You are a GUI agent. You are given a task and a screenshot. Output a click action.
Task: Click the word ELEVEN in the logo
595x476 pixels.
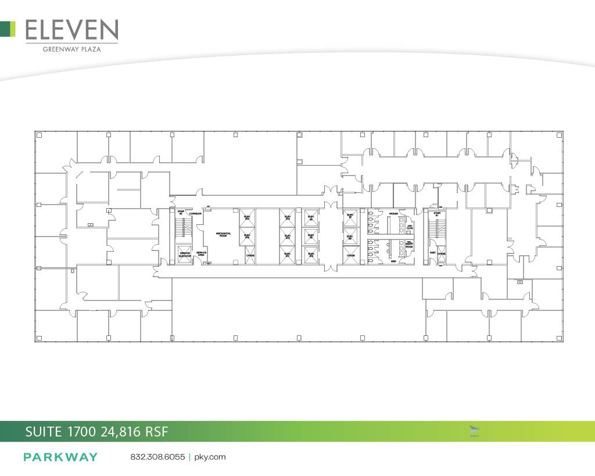(x=71, y=30)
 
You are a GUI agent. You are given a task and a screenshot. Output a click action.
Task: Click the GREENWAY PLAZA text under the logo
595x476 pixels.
(x=71, y=49)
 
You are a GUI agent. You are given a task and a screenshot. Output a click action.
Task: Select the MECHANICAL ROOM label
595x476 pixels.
(x=224, y=234)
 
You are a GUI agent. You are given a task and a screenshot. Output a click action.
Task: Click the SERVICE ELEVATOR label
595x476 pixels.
(x=185, y=255)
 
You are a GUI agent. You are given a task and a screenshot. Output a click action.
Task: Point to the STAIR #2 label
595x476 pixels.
(x=181, y=213)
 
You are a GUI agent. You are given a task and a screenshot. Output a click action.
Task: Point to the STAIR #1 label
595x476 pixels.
(x=437, y=214)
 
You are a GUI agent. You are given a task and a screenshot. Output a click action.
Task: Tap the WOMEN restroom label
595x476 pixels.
(x=393, y=213)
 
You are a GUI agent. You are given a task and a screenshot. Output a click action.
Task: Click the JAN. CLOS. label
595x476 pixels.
(x=410, y=227)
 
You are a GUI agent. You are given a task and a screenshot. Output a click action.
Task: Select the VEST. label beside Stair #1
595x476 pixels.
(x=432, y=253)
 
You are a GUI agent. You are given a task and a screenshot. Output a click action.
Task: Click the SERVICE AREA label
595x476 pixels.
(x=202, y=253)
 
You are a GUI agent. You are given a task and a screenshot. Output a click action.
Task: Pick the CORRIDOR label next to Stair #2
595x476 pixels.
(x=195, y=213)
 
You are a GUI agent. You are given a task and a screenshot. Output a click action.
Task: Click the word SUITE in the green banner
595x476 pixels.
(x=44, y=431)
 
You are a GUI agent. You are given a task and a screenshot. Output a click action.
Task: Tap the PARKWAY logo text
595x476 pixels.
(x=60, y=457)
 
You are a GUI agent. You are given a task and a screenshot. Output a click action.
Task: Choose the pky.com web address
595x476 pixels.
(x=209, y=457)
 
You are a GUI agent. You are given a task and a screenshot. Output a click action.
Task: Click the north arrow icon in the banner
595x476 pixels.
(x=474, y=430)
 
